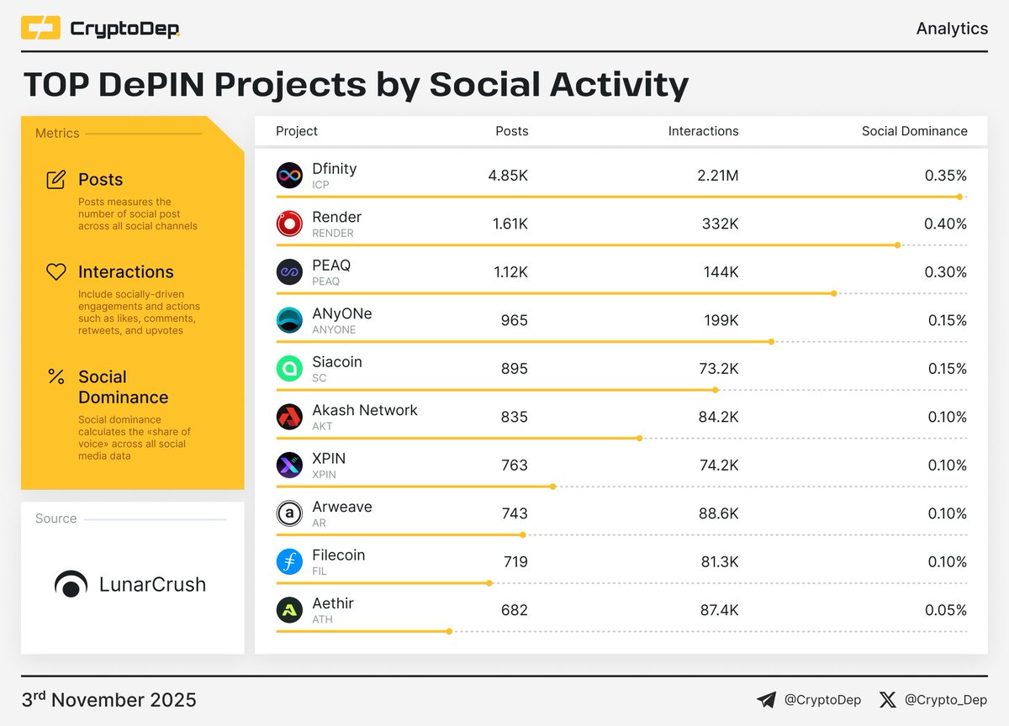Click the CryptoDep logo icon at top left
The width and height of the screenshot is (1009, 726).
(x=40, y=29)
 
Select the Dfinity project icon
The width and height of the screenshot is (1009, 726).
(x=289, y=176)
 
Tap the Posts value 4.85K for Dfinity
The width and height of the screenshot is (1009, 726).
(x=508, y=176)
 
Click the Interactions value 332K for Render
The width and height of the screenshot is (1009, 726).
(x=721, y=224)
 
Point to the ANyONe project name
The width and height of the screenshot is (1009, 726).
(x=341, y=313)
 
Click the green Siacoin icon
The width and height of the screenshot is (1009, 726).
(x=289, y=369)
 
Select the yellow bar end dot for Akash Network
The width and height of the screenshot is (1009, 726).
(x=640, y=438)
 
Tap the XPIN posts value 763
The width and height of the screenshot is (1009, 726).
(x=514, y=466)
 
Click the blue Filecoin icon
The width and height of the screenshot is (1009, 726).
(x=289, y=562)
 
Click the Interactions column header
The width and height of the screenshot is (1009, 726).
(x=703, y=131)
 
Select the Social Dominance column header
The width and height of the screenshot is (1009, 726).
(x=914, y=131)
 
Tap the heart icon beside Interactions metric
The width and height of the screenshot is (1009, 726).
(x=56, y=272)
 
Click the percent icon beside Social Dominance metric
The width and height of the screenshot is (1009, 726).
(x=56, y=376)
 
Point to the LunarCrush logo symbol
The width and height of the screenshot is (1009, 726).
(x=71, y=584)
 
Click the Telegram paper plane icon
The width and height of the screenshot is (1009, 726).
(x=766, y=699)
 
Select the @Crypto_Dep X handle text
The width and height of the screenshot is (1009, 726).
(x=946, y=699)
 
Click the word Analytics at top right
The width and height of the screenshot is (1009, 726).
(x=952, y=29)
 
